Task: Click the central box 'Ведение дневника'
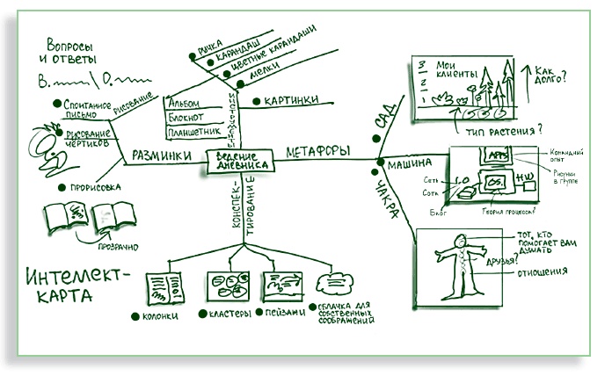[240, 160]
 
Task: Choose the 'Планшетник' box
[192, 132]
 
